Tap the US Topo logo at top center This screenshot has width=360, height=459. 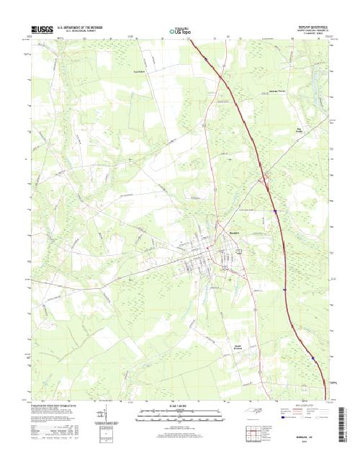(179, 31)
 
